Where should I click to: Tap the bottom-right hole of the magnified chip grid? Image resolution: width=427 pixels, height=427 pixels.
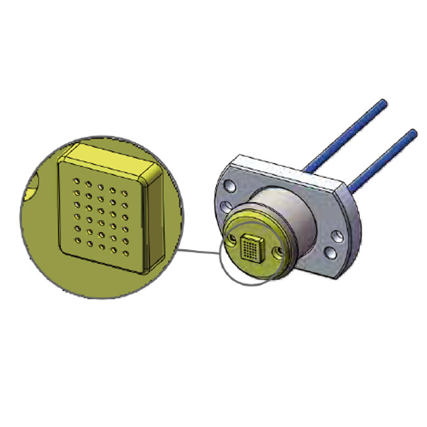[126, 251]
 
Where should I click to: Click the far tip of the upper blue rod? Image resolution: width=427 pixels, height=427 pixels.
[383, 101]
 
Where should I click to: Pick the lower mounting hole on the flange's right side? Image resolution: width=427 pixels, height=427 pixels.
[330, 251]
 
